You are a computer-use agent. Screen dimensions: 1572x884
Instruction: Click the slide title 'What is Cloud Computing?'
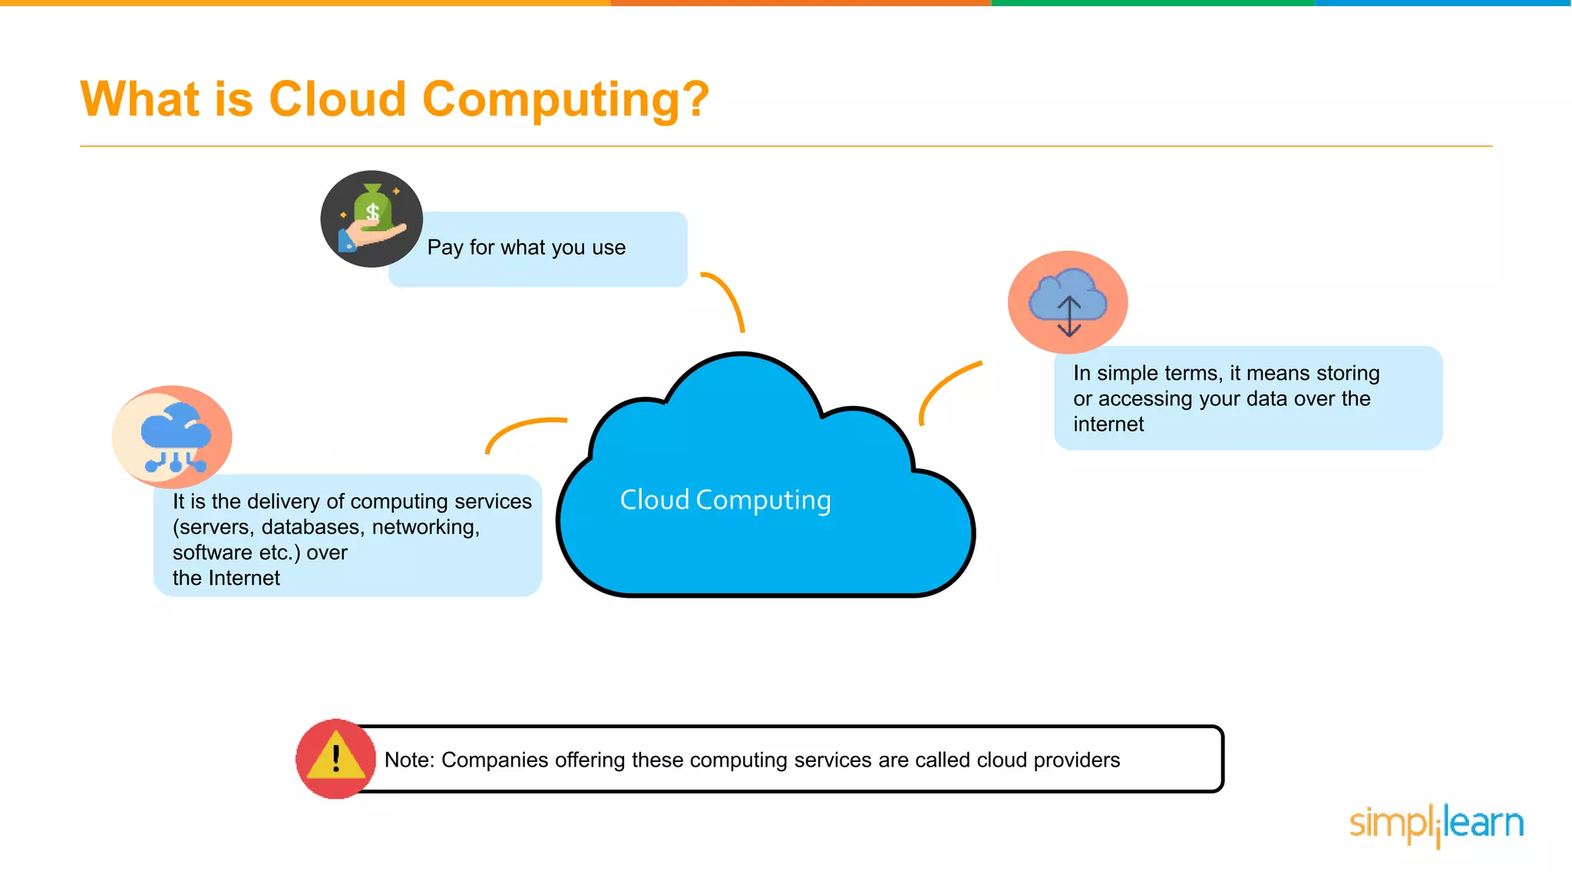tap(395, 100)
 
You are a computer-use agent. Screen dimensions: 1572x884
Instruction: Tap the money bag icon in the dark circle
tap(372, 219)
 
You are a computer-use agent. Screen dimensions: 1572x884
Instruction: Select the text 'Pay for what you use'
tap(527, 248)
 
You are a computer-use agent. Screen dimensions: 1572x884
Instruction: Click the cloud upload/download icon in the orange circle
tap(1068, 302)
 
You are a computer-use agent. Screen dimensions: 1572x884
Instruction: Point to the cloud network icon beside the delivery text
tap(173, 437)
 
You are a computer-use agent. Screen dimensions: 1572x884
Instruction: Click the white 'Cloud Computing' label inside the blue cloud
tap(725, 500)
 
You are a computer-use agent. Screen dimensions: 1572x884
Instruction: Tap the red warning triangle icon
tap(336, 758)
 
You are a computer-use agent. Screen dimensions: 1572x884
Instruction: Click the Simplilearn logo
tap(1436, 825)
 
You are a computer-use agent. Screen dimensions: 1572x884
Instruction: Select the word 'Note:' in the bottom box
tap(409, 760)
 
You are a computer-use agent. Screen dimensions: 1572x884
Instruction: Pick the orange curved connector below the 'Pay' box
tap(725, 299)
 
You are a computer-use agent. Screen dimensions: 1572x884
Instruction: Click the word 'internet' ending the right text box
tap(1108, 424)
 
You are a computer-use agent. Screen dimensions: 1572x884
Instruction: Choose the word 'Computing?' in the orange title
tap(566, 100)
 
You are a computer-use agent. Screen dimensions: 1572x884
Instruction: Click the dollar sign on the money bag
tap(373, 212)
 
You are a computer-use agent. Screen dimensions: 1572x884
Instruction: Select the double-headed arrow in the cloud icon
tap(1069, 317)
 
